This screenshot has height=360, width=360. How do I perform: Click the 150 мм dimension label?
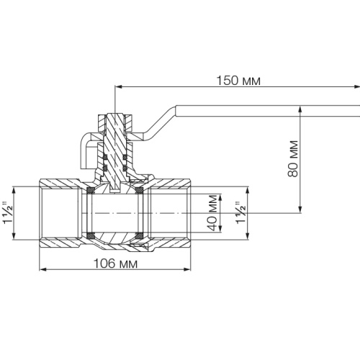coord(238,81)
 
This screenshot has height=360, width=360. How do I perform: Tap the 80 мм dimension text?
coord(293,159)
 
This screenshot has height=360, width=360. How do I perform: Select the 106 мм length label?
coord(115,264)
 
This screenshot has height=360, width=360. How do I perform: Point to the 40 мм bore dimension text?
coord(212,212)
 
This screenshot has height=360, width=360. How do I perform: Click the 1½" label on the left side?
coord(8,212)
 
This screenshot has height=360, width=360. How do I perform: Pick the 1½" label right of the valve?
coord(241,212)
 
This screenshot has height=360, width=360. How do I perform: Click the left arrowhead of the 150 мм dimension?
coord(119,87)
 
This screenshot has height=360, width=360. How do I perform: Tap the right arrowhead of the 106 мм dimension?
coord(187,269)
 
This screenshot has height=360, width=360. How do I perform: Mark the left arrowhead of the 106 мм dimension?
coord(43,269)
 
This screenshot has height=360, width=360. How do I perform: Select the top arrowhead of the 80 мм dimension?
coord(300,109)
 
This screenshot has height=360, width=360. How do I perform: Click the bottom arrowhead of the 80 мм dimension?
coord(300,209)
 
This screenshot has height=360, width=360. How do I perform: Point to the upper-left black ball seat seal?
coord(90,190)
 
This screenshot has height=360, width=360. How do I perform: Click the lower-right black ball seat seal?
coord(139,235)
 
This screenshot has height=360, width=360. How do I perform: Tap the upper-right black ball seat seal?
coord(139,190)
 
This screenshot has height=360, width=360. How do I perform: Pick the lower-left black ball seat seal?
coord(90,235)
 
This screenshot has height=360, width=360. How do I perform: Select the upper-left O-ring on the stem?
coord(105,157)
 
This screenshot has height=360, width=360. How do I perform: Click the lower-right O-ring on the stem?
coord(125,168)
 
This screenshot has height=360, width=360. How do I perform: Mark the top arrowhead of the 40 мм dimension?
coord(220,197)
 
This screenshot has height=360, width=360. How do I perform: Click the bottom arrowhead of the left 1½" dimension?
coord(14,235)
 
